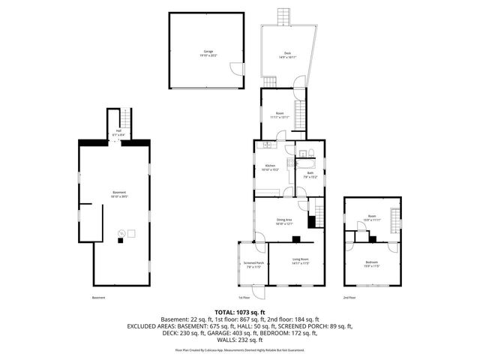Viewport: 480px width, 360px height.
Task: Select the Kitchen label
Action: click(x=271, y=166)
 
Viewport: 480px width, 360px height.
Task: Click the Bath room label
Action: click(x=310, y=174)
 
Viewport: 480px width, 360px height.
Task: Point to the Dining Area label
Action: click(x=284, y=220)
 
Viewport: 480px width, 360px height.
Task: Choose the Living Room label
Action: click(x=300, y=261)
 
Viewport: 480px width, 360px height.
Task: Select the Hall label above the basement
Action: click(x=118, y=131)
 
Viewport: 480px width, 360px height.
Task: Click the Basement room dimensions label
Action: click(x=119, y=196)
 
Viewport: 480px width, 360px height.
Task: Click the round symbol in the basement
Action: click(x=120, y=234)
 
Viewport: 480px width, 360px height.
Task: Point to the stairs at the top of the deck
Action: click(x=283, y=16)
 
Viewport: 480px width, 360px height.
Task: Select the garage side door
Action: click(x=236, y=68)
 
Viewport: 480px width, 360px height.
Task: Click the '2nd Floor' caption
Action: click(x=349, y=298)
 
